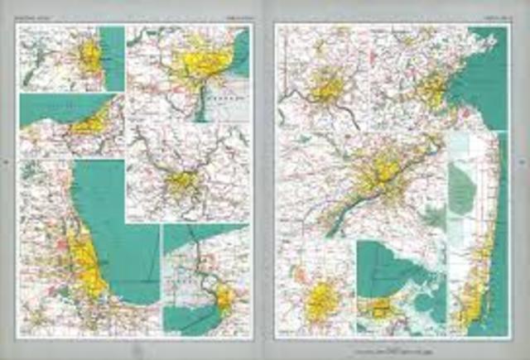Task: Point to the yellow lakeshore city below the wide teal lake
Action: [x=89, y=124]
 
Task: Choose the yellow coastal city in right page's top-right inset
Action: [x=433, y=89]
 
